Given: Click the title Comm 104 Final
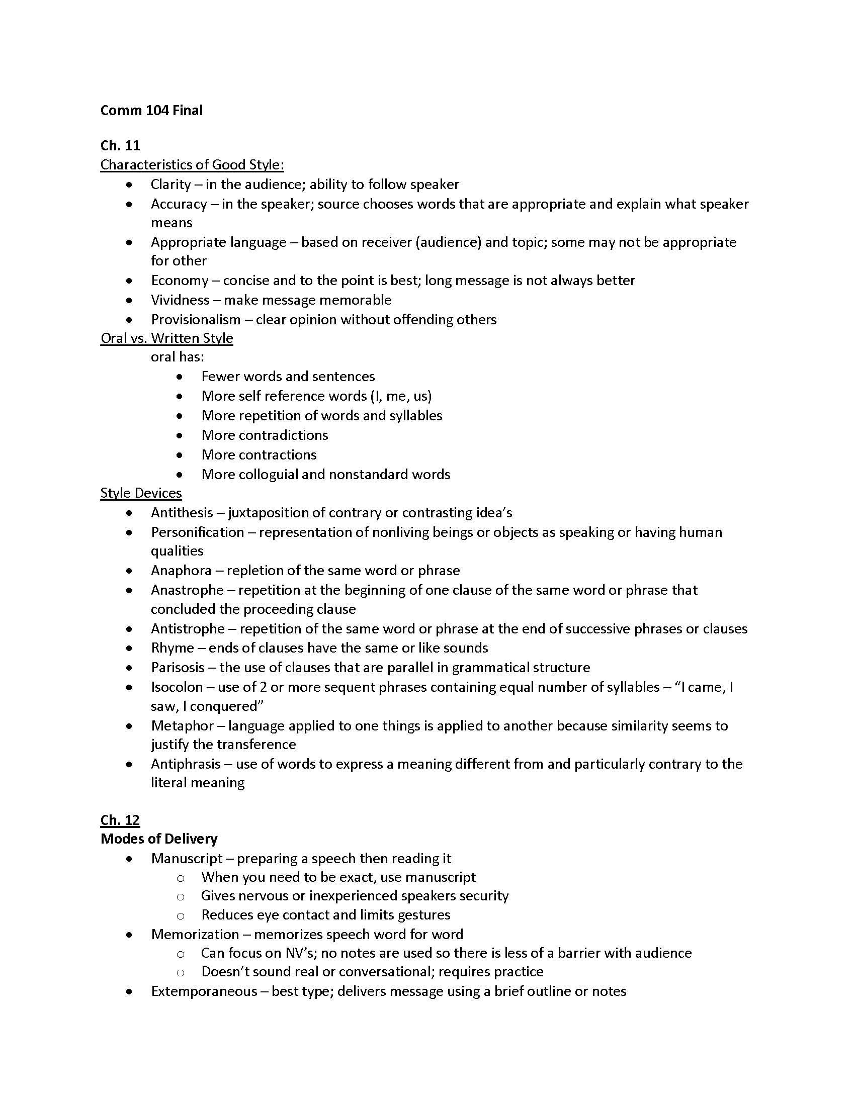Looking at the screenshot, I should pyautogui.click(x=151, y=111).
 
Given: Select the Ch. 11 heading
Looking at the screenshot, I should pyautogui.click(x=120, y=145).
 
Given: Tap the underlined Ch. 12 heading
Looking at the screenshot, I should pyautogui.click(x=120, y=820).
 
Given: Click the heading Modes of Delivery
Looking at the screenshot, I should pyautogui.click(x=159, y=839).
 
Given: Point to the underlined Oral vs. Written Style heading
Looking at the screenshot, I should pyautogui.click(x=166, y=338).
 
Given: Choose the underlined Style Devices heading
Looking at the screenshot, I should pyautogui.click(x=141, y=493).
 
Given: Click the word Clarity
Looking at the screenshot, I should pyautogui.click(x=170, y=184).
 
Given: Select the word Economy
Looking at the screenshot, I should pyautogui.click(x=180, y=280).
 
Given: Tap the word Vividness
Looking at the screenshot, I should pyautogui.click(x=180, y=300).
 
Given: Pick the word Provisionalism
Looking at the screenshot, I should pyautogui.click(x=196, y=320).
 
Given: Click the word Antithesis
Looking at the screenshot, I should pyautogui.click(x=182, y=512).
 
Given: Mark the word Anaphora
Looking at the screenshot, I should pyautogui.click(x=181, y=570).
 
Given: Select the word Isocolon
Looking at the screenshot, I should pyautogui.click(x=177, y=687).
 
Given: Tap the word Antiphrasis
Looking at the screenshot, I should pyautogui.click(x=186, y=764).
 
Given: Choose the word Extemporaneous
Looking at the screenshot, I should pyautogui.click(x=204, y=991).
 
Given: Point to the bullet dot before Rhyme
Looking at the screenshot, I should pyautogui.click(x=130, y=648).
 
